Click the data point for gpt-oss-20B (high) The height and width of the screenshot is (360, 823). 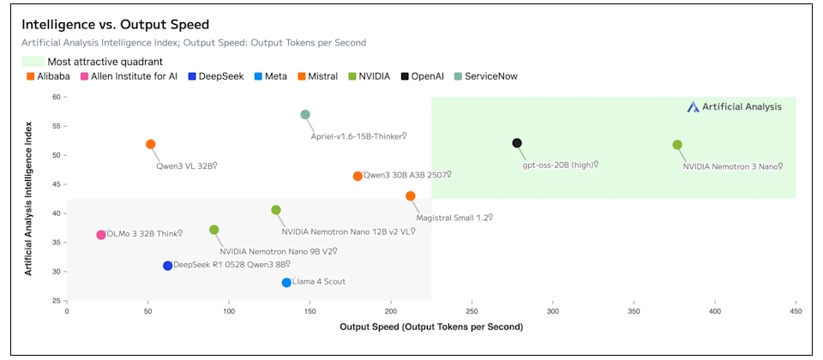517,143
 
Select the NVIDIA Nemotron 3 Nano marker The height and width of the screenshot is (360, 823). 677,145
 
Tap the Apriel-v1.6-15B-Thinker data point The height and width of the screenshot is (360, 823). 305,115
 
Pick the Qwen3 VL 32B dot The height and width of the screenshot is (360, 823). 151,144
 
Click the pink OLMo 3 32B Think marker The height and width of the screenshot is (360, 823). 101,235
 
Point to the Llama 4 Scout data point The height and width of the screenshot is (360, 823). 286,283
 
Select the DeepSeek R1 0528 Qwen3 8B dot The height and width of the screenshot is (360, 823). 168,266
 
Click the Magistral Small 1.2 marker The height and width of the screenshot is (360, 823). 411,196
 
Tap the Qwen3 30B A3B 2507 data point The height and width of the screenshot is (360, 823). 357,176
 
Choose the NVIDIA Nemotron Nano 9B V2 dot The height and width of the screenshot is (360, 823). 214,230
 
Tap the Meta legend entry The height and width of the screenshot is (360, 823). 269,76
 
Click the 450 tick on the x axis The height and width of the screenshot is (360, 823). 796,313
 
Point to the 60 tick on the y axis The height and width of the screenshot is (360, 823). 57,97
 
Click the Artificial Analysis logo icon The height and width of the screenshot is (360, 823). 694,107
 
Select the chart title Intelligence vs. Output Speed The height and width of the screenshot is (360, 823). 115,25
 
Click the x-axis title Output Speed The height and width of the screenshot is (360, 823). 431,327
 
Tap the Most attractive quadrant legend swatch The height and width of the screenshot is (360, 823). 33,62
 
